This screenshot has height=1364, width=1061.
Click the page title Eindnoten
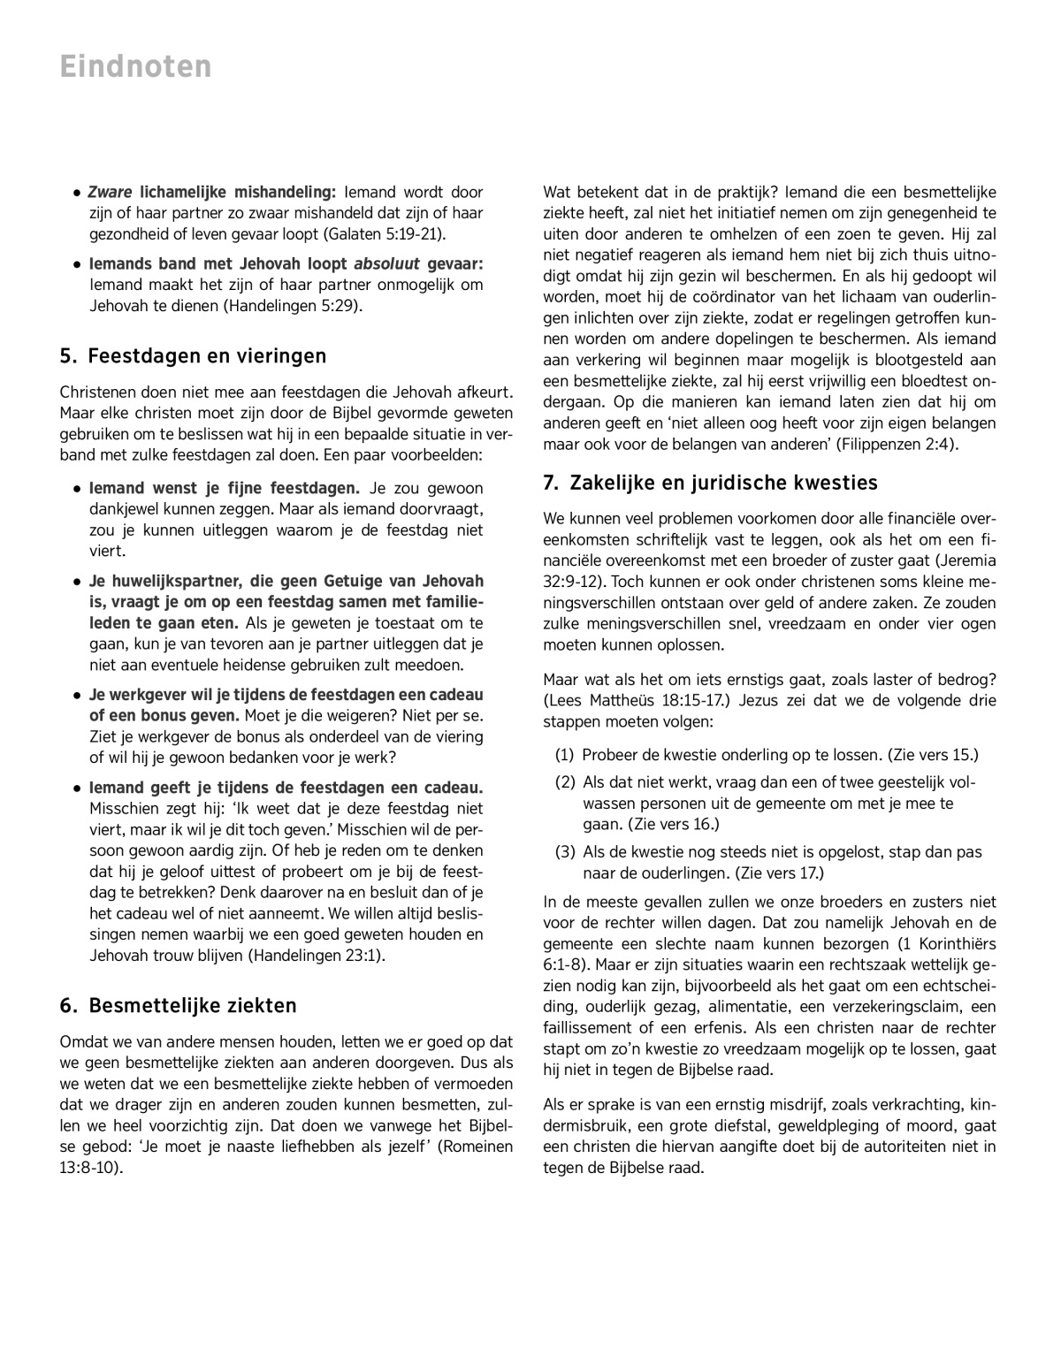coord(136,66)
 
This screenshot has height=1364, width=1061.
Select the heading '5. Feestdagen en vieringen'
coord(193,356)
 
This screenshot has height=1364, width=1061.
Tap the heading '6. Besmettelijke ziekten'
coord(178,1006)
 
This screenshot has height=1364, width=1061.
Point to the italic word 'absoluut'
coord(386,264)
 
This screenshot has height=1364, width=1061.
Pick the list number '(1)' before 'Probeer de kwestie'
coord(564,755)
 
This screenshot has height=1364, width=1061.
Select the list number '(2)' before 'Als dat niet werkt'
coord(564,782)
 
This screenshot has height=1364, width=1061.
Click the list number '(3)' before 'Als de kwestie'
coord(564,852)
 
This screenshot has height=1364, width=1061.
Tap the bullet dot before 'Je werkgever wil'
coord(78,696)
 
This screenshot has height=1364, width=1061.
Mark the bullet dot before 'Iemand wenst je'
coord(78,489)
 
